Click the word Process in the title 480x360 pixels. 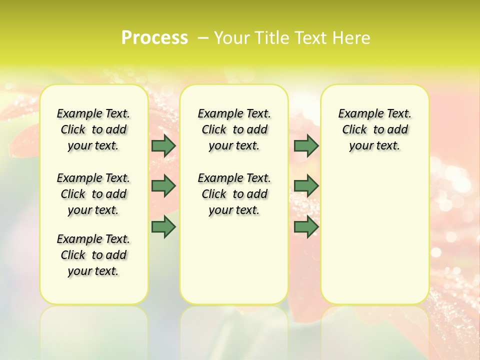[154, 38]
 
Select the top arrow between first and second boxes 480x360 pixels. [163, 145]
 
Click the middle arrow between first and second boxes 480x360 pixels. [163, 186]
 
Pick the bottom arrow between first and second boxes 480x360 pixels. [163, 227]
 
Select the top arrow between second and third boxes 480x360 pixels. [306, 145]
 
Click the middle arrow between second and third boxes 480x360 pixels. [306, 186]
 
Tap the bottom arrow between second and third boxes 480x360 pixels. [306, 227]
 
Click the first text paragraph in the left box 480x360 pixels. [93, 129]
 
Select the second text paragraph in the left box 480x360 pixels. [93, 194]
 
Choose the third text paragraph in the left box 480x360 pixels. [93, 255]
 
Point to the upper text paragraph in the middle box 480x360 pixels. [234, 129]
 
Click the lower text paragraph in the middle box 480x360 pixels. [234, 194]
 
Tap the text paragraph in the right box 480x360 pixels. [374, 129]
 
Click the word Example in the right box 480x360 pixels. [356, 113]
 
